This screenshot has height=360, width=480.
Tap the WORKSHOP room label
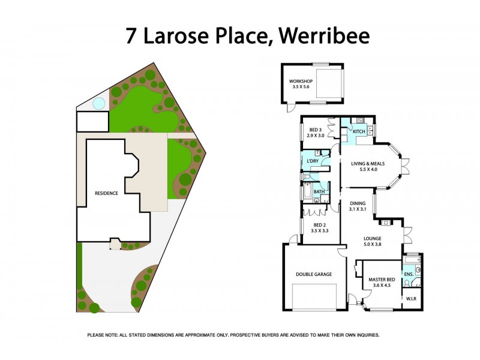click(301, 81)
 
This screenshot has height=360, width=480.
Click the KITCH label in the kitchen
click(359, 131)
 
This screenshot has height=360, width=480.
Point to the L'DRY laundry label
click(313, 161)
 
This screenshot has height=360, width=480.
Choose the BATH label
click(319, 192)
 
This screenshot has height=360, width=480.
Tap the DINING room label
click(358, 203)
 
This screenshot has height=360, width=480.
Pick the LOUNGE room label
click(373, 238)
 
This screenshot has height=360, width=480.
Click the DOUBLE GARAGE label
click(314, 274)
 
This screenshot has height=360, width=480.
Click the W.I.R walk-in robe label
click(411, 298)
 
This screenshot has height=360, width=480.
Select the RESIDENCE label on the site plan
click(106, 193)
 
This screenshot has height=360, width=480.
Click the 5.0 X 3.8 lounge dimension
click(373, 244)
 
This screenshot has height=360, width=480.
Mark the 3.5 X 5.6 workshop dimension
click(301, 87)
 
